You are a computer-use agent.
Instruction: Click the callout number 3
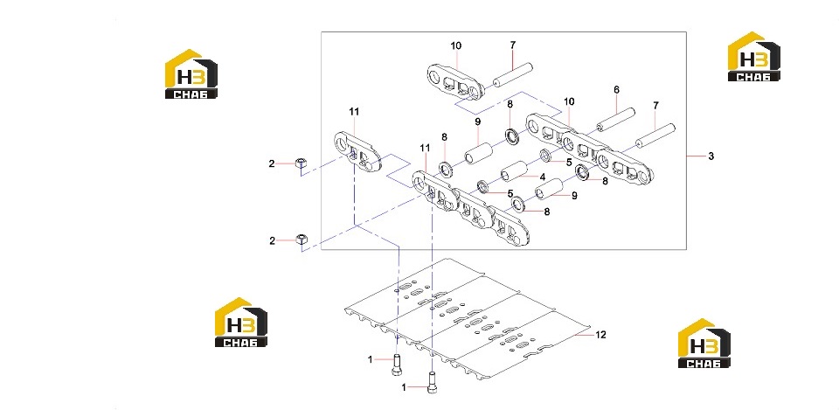[711, 156]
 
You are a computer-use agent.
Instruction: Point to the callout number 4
[542, 177]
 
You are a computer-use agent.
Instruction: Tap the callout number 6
[616, 90]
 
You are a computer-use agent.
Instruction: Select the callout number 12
[601, 335]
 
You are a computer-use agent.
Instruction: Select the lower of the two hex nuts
[302, 240]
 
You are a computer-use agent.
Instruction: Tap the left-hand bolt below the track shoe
[396, 365]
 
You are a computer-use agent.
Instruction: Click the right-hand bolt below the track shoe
[432, 382]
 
